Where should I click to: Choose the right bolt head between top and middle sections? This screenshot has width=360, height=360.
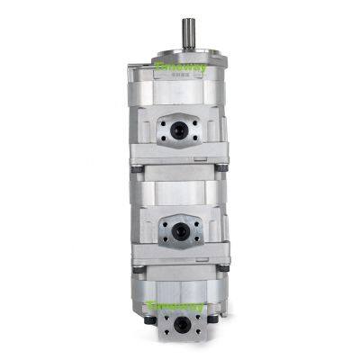click(221, 167)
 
